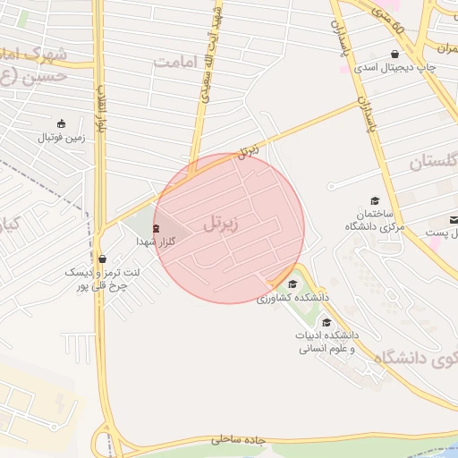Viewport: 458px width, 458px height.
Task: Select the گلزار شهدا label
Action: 156,242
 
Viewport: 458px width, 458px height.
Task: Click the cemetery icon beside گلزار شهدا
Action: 157,228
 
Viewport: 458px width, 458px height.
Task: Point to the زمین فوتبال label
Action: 59,138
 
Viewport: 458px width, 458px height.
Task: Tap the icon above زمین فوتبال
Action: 60,123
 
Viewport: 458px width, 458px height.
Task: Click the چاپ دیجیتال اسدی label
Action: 392,67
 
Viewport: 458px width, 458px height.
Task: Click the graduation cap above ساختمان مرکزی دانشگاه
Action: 375,200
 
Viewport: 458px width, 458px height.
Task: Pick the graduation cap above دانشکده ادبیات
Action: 327,322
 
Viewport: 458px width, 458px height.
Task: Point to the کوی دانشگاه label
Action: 420,359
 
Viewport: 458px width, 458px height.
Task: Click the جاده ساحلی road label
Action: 240,440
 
